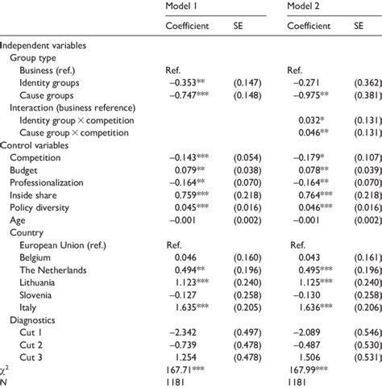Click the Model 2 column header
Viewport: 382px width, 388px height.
tap(306, 7)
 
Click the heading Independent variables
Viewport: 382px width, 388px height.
tap(44, 45)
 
